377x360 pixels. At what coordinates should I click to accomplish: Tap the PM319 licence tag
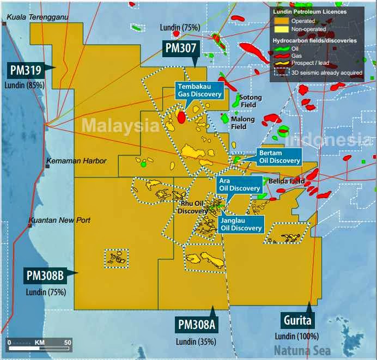coord(25,70)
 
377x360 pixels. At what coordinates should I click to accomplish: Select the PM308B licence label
coord(45,276)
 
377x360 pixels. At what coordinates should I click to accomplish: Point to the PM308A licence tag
coord(197,325)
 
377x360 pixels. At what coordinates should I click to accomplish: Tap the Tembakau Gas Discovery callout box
coord(199,90)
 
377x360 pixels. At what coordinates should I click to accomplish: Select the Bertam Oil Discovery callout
coord(279,157)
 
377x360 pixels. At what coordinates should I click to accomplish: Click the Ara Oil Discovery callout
coord(239,184)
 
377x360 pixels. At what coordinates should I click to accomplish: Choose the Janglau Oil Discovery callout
coord(240,224)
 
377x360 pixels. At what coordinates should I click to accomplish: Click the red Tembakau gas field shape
coord(181,117)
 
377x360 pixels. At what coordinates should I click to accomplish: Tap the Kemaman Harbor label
coord(76,161)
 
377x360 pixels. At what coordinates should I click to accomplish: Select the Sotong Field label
coord(251,101)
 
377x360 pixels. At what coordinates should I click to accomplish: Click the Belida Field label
coord(287,181)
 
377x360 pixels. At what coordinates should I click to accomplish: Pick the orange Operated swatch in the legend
coord(282,21)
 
